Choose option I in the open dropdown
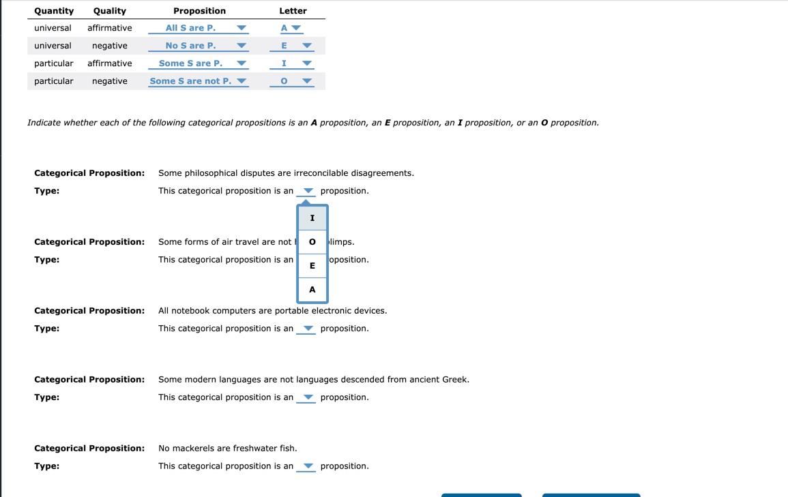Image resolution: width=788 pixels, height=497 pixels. pyautogui.click(x=312, y=218)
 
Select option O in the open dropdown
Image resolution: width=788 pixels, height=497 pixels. pyautogui.click(x=312, y=242)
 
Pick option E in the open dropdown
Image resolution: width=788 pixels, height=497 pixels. pyautogui.click(x=312, y=266)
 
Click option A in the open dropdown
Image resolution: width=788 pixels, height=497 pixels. pyautogui.click(x=312, y=290)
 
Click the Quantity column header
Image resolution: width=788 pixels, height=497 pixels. pyautogui.click(x=54, y=11)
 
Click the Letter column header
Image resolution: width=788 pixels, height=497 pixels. pyautogui.click(x=293, y=11)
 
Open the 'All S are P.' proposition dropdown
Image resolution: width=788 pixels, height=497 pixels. pyautogui.click(x=199, y=28)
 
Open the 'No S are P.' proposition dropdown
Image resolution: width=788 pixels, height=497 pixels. pyautogui.click(x=199, y=46)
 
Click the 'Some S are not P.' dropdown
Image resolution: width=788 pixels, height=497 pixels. pyautogui.click(x=199, y=81)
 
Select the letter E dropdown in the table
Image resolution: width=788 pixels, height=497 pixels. pyautogui.click(x=291, y=46)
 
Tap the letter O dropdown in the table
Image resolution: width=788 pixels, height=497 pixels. pyautogui.click(x=291, y=81)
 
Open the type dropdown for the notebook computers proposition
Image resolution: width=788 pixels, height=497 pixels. pyautogui.click(x=306, y=329)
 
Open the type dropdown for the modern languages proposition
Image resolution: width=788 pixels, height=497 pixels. pyautogui.click(x=306, y=397)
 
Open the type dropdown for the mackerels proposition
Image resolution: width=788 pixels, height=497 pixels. pyautogui.click(x=306, y=466)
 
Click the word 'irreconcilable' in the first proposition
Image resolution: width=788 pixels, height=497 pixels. pyautogui.click(x=321, y=173)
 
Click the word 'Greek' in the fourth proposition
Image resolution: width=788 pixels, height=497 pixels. pyautogui.click(x=454, y=380)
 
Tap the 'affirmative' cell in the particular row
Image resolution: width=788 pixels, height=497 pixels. pyautogui.click(x=110, y=63)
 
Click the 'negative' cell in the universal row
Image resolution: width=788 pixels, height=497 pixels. pyautogui.click(x=110, y=46)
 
